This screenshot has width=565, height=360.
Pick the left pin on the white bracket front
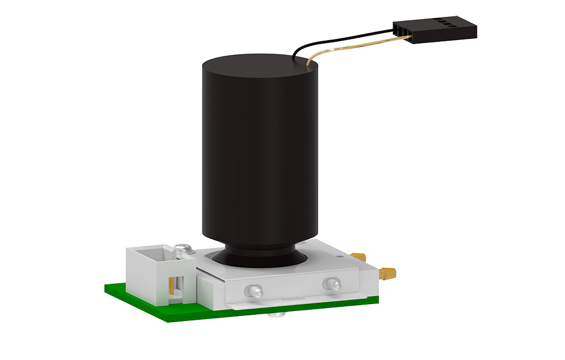click(254, 291)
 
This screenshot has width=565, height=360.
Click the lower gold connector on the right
click(388, 274)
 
